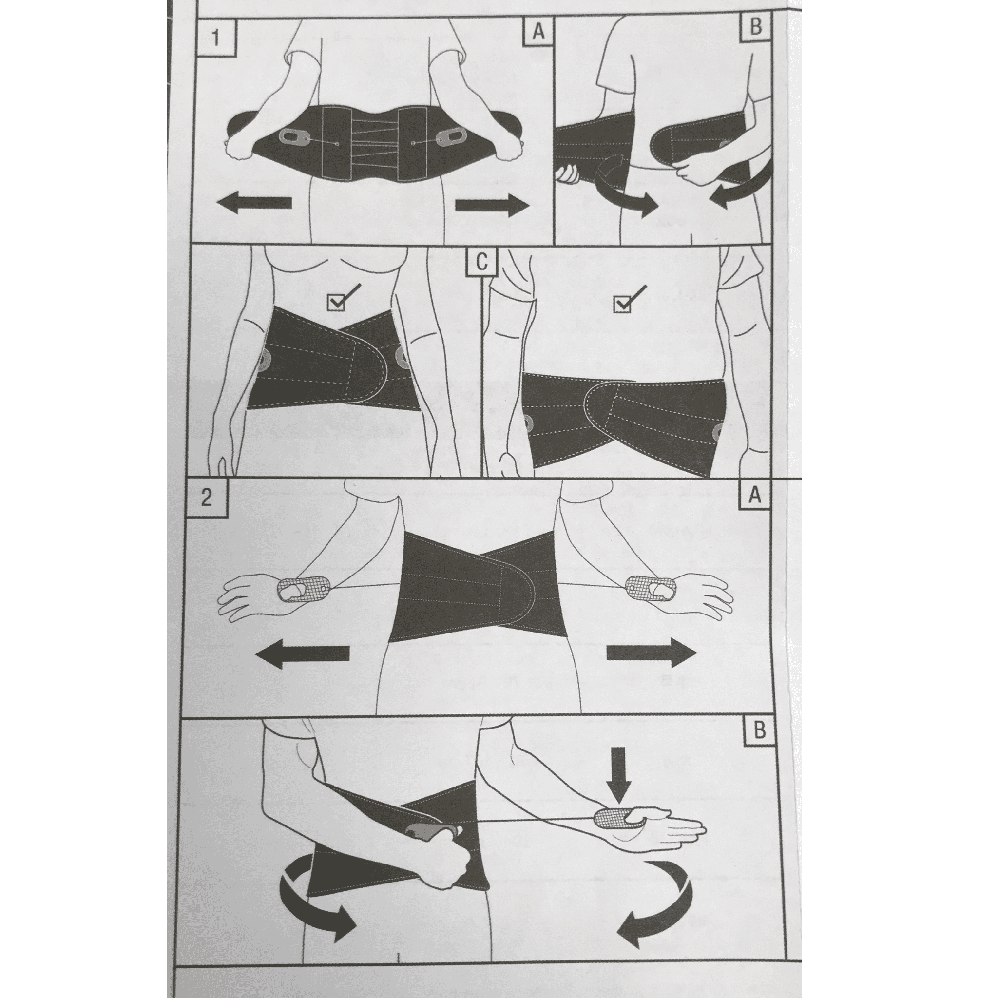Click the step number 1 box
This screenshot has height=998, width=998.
click(216, 38)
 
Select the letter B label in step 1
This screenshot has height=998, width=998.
click(755, 26)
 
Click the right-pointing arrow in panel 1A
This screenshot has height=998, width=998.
click(492, 205)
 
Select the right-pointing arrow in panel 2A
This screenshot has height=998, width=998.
click(651, 653)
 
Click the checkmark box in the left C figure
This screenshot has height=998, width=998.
click(336, 302)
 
